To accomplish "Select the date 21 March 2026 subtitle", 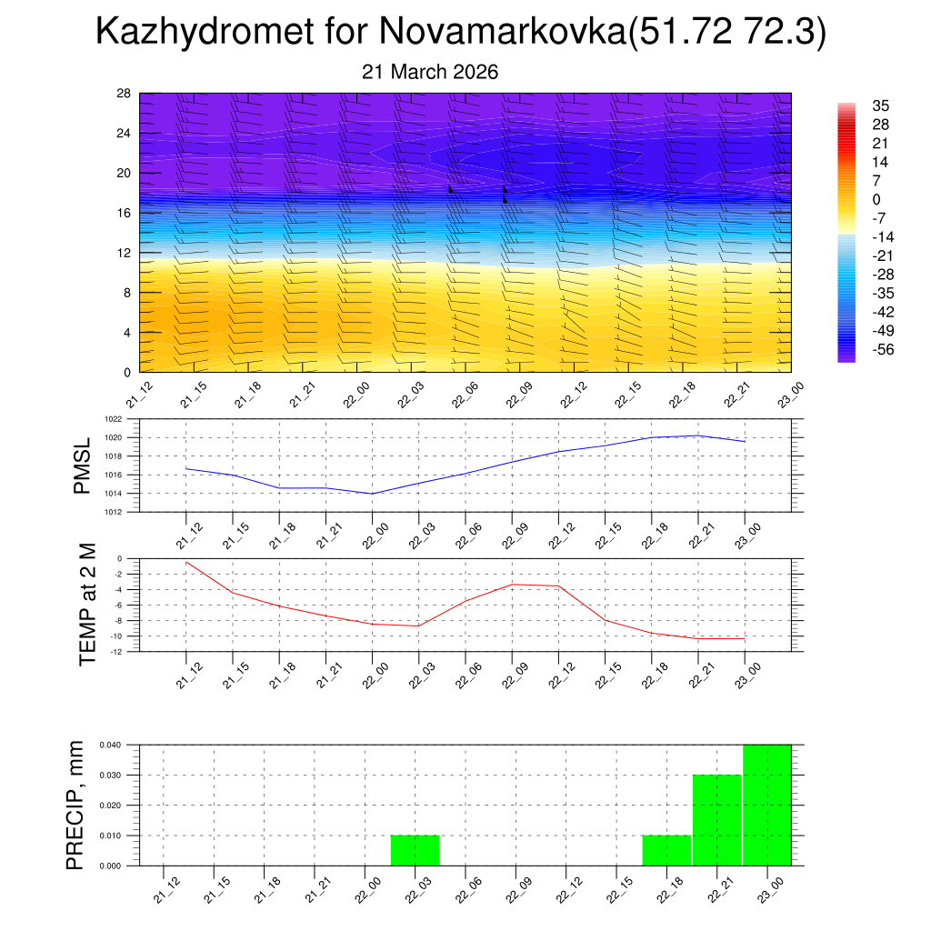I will pos(430,72).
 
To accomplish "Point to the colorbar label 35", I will pos(880,105).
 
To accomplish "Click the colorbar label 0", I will pos(876,200).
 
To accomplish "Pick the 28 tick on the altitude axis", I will pos(125,94).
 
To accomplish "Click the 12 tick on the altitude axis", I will pos(125,253).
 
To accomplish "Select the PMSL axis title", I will pos(83,465).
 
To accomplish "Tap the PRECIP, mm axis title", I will pos(76,805).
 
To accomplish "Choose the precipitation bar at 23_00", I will pos(766,805).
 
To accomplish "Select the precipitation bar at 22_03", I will pos(415,850).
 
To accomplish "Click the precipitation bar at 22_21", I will pos(717,820).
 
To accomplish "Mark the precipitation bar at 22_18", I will pos(666,850).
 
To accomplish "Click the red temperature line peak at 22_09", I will pos(512,585).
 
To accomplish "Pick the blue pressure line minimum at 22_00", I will pos(373,494).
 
